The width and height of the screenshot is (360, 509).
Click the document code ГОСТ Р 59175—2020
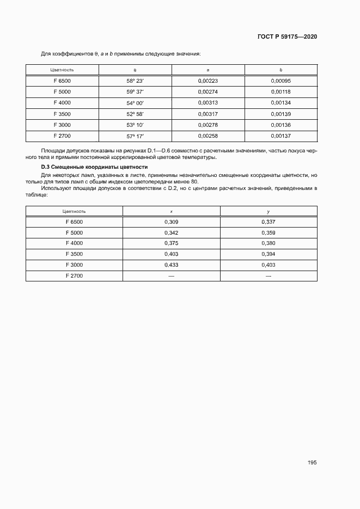tap(287, 36)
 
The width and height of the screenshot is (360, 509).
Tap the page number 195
tap(312, 462)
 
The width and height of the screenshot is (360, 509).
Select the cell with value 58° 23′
tap(135, 81)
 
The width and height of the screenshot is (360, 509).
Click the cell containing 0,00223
tap(208, 81)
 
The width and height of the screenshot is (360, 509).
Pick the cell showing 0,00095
tap(280, 81)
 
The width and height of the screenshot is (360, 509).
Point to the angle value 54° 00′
tap(135, 102)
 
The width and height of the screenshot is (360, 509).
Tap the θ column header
tap(135, 70)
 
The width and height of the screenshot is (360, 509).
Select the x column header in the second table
tap(172, 211)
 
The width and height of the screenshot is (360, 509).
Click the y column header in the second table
tap(269, 211)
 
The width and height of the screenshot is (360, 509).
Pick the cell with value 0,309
tap(172, 222)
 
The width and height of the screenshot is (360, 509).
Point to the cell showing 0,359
tap(269, 232)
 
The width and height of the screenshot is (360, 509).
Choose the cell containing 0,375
tap(172, 243)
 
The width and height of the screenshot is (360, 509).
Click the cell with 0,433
tap(172, 265)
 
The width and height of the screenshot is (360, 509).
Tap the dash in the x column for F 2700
tap(172, 276)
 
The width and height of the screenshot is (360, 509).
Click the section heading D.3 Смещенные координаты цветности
tap(95, 167)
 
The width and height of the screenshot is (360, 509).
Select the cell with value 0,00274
tap(208, 91)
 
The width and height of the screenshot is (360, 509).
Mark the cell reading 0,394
tap(269, 254)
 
